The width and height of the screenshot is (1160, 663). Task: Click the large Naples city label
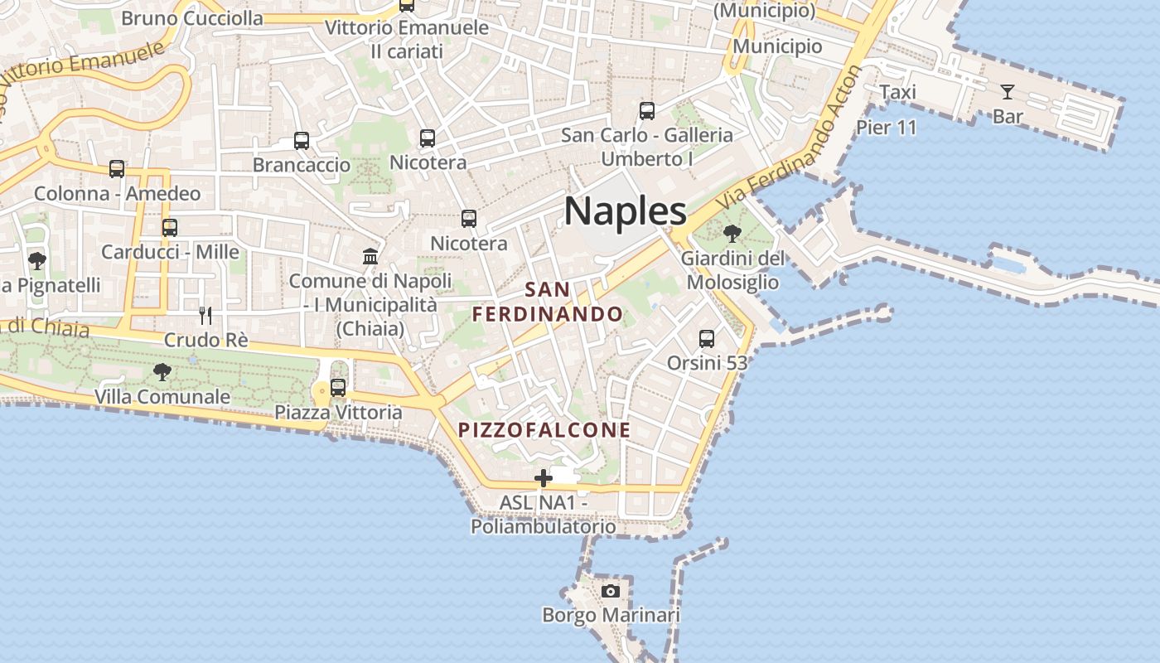[x=626, y=211]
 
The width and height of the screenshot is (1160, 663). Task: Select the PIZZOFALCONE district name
[x=544, y=430]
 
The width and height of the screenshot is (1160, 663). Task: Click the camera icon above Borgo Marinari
[x=611, y=591]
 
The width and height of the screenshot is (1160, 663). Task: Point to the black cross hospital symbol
[x=544, y=478]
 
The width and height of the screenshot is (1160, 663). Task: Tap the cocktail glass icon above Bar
[x=1008, y=92]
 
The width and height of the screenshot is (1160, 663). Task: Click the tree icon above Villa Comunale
[x=162, y=372]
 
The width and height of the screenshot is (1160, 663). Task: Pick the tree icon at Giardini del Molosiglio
[x=732, y=234]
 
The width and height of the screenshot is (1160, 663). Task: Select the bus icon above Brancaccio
[x=302, y=141]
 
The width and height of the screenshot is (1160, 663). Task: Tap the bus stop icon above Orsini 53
[x=707, y=338]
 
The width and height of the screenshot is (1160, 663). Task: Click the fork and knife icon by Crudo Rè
[x=205, y=315]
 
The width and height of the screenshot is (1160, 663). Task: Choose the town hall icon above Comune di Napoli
[x=370, y=256]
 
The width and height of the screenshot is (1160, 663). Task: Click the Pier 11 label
[x=887, y=128]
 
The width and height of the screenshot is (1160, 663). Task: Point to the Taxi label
[x=897, y=92]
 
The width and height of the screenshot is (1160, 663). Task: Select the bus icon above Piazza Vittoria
[x=338, y=387]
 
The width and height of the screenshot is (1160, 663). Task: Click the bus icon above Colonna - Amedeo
[x=117, y=169]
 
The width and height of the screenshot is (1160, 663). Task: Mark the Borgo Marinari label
[x=611, y=615]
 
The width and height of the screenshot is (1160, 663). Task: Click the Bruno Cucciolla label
[x=192, y=18]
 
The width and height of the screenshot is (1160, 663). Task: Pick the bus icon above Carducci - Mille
[x=170, y=227]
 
